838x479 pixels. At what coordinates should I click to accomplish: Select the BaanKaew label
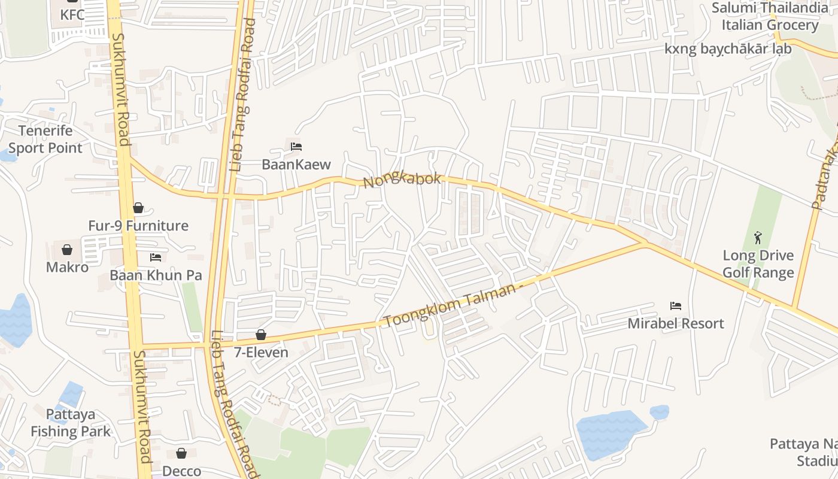click(296, 165)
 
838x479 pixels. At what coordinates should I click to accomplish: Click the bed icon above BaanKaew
click(296, 146)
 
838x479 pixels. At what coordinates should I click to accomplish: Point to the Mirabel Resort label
click(676, 324)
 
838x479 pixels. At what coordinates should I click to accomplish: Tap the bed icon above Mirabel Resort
click(676, 306)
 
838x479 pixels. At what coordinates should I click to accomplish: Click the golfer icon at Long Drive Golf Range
click(758, 237)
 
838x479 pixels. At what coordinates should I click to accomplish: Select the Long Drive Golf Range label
click(758, 264)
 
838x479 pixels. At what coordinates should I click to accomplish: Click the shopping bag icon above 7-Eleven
click(261, 335)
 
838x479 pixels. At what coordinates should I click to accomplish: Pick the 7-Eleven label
click(261, 353)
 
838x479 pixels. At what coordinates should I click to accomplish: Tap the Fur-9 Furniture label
click(138, 226)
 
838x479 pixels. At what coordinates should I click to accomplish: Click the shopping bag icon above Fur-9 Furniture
click(138, 208)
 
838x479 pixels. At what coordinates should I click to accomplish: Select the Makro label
click(67, 267)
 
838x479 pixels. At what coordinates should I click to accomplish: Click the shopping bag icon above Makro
click(67, 249)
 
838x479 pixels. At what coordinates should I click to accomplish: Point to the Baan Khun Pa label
click(156, 275)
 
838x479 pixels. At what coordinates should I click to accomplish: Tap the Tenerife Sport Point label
click(45, 139)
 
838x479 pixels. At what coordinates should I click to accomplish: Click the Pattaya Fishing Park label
click(71, 423)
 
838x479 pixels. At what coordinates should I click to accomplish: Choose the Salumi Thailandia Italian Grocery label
click(769, 16)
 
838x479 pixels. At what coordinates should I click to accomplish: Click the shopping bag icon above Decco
click(181, 454)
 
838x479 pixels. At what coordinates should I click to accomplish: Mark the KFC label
click(72, 14)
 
